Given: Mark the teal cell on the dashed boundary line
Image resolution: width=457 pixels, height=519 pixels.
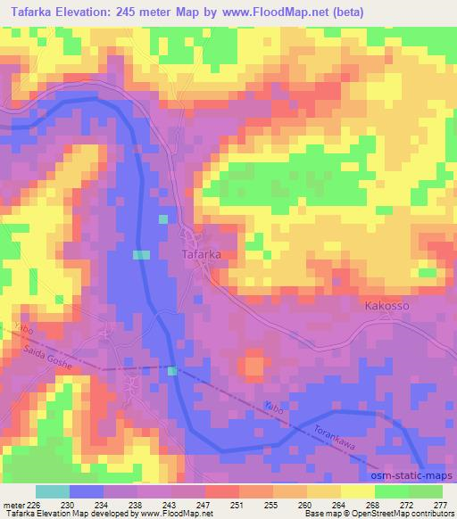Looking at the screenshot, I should coord(172,371).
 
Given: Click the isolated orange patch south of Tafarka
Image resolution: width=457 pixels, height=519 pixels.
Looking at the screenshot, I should coord(254,366).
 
